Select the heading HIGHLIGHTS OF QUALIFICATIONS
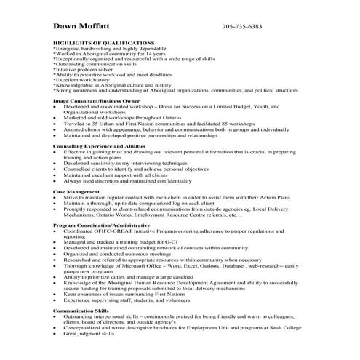click(104, 43)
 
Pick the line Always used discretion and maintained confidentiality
click(128, 180)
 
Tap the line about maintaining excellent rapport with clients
click(116, 175)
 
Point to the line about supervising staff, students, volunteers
click(131, 300)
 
